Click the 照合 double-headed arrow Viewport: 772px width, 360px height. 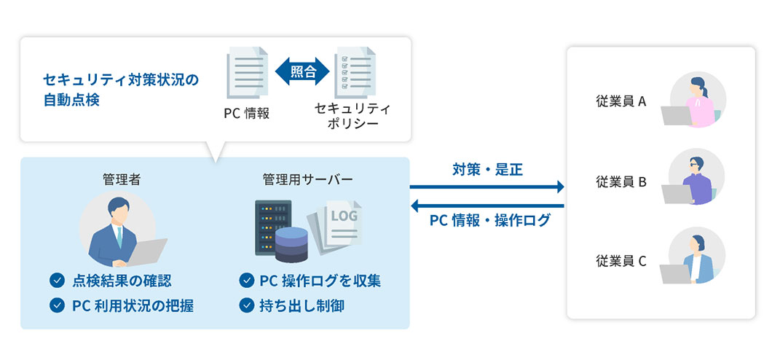(x=302, y=72)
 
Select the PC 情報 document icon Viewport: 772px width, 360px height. (x=246, y=73)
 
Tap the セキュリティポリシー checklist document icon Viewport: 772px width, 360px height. (x=355, y=73)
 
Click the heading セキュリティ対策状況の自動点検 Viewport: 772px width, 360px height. (x=121, y=89)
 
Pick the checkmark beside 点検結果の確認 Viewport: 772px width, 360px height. (x=56, y=281)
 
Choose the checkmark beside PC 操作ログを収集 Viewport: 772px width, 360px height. (x=245, y=281)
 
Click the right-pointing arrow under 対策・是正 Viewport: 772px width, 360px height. (x=487, y=187)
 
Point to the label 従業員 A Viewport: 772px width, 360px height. (x=621, y=101)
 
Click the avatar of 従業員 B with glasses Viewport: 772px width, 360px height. (x=697, y=177)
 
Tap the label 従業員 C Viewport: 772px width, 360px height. (x=621, y=260)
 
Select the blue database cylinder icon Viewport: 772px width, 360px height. (x=293, y=243)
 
